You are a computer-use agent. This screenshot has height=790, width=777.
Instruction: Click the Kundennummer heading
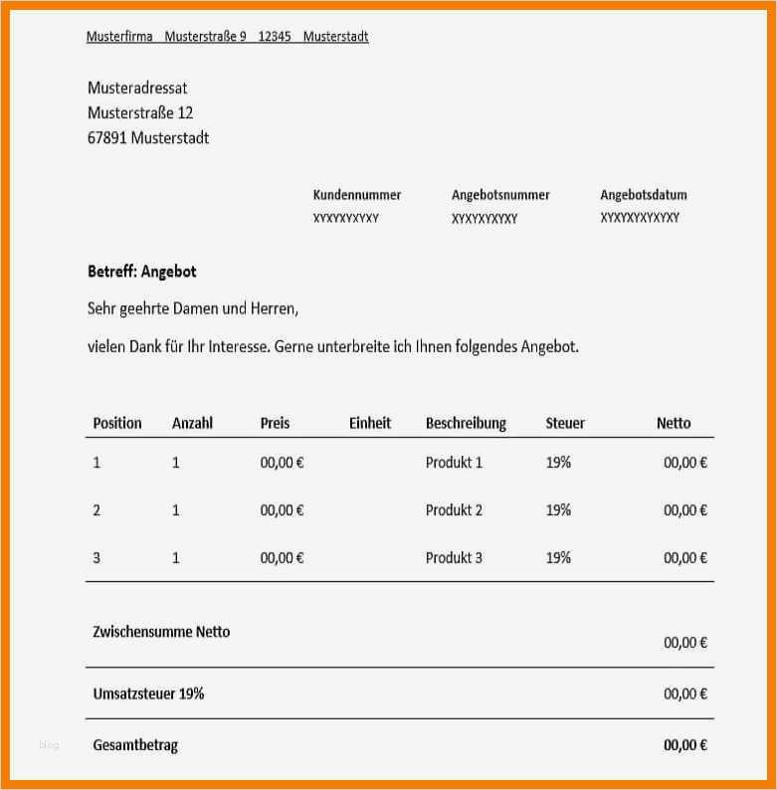pyautogui.click(x=356, y=195)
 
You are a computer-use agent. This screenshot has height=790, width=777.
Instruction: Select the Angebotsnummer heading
pyautogui.click(x=500, y=195)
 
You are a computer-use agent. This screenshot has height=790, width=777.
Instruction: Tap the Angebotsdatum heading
pyautogui.click(x=644, y=195)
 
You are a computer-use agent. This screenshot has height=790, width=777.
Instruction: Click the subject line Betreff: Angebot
pyautogui.click(x=141, y=271)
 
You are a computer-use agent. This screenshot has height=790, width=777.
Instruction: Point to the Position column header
pyautogui.click(x=117, y=423)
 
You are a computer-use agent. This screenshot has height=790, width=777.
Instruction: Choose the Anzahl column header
pyautogui.click(x=192, y=423)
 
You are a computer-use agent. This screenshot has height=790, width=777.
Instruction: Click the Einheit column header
pyautogui.click(x=370, y=423)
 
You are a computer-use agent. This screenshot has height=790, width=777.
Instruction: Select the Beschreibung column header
pyautogui.click(x=466, y=423)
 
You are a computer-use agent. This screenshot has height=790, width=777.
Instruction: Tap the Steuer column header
pyautogui.click(x=565, y=423)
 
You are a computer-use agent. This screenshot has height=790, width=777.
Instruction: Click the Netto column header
pyautogui.click(x=674, y=423)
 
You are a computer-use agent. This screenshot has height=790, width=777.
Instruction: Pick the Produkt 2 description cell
pyautogui.click(x=454, y=510)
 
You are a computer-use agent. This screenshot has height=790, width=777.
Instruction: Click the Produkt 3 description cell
pyautogui.click(x=454, y=558)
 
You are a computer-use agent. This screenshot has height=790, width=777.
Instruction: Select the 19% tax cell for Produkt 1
pyautogui.click(x=558, y=463)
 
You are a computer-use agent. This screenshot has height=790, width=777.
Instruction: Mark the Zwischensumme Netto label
pyautogui.click(x=161, y=632)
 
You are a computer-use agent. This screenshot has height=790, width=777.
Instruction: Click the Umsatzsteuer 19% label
pyautogui.click(x=148, y=693)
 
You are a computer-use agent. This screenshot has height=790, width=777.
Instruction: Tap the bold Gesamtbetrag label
pyautogui.click(x=135, y=745)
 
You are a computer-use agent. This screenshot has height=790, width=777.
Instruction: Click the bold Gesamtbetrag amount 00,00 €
pyautogui.click(x=685, y=745)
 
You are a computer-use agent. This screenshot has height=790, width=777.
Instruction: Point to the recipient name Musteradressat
pyautogui.click(x=137, y=89)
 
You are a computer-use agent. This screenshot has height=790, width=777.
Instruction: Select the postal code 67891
pyautogui.click(x=106, y=138)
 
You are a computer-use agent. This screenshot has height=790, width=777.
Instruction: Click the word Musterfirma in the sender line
pyautogui.click(x=119, y=37)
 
